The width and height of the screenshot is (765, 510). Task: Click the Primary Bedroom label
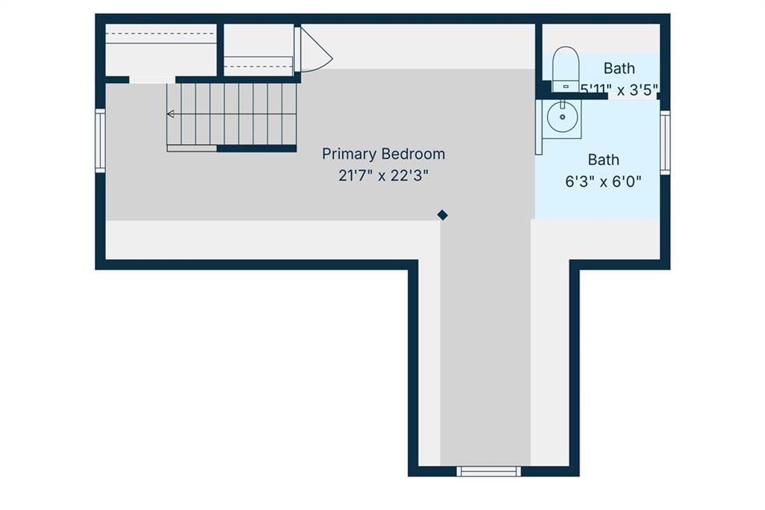tap(383, 154)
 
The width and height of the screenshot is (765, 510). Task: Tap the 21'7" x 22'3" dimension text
tap(383, 175)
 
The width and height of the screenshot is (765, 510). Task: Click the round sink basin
tap(562, 117)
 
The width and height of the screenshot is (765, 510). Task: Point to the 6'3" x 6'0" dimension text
tap(603, 182)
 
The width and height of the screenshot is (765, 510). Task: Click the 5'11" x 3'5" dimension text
tap(619, 90)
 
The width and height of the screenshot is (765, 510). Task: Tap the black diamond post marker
tap(442, 215)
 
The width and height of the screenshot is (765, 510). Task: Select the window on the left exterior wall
tap(100, 140)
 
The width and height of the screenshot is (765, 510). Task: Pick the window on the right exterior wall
tap(665, 143)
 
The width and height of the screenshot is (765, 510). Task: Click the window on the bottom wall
tap(489, 471)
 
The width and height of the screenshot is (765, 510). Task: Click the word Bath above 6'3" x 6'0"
tap(604, 160)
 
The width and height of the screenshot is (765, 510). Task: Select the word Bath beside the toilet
tap(619, 68)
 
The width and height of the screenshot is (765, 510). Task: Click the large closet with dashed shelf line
tap(161, 50)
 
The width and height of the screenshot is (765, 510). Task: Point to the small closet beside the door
tap(258, 50)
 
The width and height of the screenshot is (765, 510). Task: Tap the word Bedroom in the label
tap(414, 154)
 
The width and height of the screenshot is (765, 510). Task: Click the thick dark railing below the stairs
tap(257, 149)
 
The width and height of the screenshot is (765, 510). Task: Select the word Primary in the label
tap(350, 155)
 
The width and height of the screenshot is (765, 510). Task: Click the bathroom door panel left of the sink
tap(539, 127)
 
